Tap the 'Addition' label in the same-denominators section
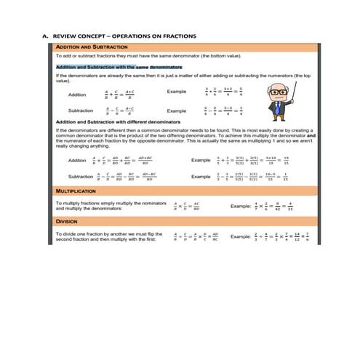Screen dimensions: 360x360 click(x=76, y=95)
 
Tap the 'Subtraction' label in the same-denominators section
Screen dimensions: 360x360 click(x=79, y=111)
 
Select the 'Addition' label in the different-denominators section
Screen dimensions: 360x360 click(x=76, y=160)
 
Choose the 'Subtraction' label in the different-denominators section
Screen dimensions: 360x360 click(x=80, y=177)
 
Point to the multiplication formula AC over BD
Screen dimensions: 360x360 click(x=187, y=207)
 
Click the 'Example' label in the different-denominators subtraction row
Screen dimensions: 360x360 click(x=201, y=177)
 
